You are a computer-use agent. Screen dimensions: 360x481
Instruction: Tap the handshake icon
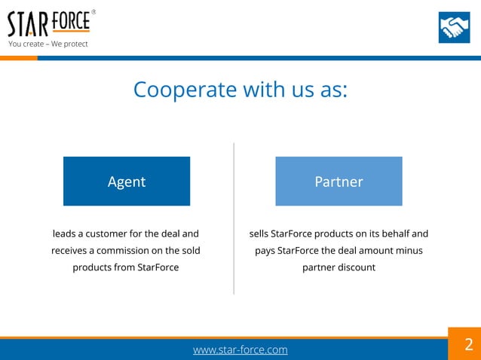tap(453, 28)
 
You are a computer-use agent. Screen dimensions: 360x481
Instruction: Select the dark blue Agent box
tap(127, 182)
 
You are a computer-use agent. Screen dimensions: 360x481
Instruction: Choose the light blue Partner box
tap(339, 182)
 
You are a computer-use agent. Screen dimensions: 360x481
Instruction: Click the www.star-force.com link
tap(240, 349)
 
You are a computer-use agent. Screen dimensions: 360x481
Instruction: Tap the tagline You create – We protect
tap(48, 44)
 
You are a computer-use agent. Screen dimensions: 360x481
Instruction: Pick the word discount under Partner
tap(358, 267)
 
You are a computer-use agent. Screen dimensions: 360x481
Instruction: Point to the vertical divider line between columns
tap(234, 218)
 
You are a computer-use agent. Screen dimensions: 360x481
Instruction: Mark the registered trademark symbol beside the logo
tap(93, 12)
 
